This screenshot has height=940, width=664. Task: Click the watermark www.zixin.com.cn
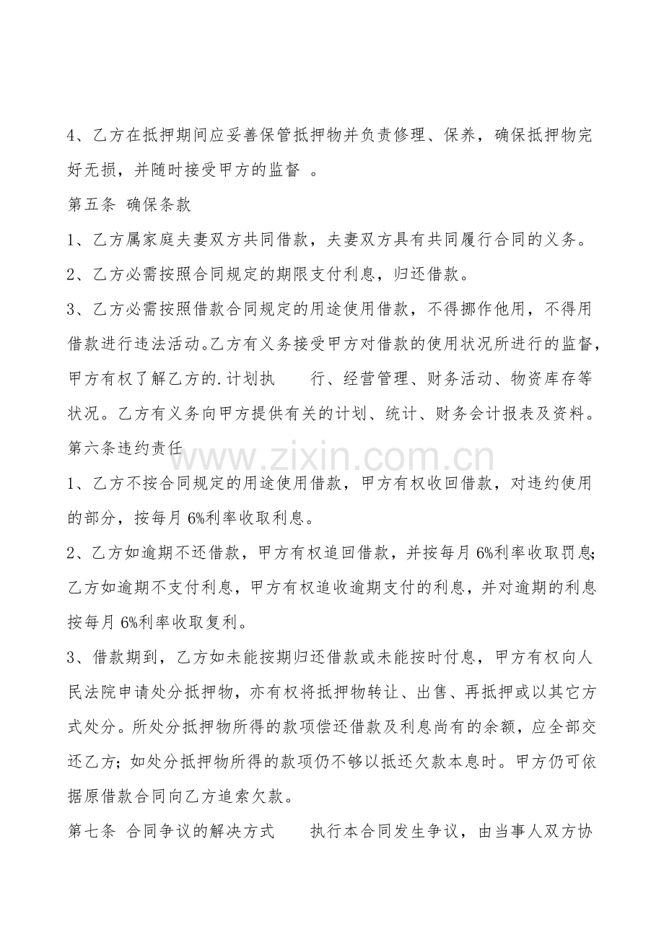[332, 458]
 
